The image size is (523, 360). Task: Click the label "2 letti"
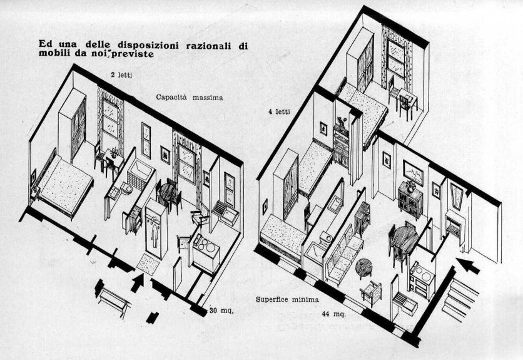[121, 75]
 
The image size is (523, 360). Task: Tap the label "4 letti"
[279, 111]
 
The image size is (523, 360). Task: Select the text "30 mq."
[222, 311]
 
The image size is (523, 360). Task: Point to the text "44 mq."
[333, 314]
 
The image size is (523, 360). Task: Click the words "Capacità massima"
[189, 98]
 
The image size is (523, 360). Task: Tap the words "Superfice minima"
[287, 299]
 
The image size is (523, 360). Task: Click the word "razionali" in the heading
[208, 45]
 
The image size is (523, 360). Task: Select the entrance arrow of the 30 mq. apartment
[137, 283]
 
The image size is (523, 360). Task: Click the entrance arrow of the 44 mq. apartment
[467, 265]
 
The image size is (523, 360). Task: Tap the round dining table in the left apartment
[168, 192]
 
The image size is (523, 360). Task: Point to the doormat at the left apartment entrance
[148, 264]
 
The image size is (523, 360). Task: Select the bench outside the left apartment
[113, 298]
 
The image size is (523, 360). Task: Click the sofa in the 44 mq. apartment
[343, 254]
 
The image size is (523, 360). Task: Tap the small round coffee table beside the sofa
[363, 267]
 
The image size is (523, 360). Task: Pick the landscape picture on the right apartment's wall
[413, 173]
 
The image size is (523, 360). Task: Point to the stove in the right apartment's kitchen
[422, 279]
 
